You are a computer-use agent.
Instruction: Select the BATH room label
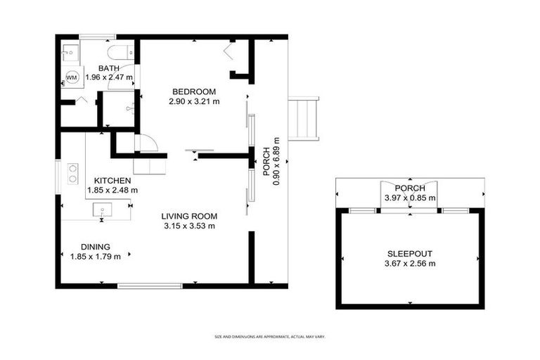(x=108, y=68)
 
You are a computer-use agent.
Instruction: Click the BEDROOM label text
(x=194, y=92)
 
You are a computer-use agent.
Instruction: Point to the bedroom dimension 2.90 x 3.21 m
(x=194, y=101)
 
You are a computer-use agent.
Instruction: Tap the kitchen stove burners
(x=72, y=174)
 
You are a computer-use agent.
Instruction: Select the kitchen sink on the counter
(x=102, y=208)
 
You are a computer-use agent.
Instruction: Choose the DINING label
(x=95, y=247)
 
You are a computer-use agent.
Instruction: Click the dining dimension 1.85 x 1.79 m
(x=95, y=257)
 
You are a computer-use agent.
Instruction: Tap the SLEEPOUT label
(x=411, y=254)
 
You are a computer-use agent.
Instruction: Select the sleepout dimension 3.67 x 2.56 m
(x=411, y=264)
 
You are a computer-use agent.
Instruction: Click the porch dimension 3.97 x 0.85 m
(x=410, y=198)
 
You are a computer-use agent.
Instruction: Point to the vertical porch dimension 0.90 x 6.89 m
(x=276, y=161)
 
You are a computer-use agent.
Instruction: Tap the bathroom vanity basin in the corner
(x=69, y=52)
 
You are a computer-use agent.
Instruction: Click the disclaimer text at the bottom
(x=270, y=337)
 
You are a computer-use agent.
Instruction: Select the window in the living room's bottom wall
(x=149, y=285)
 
